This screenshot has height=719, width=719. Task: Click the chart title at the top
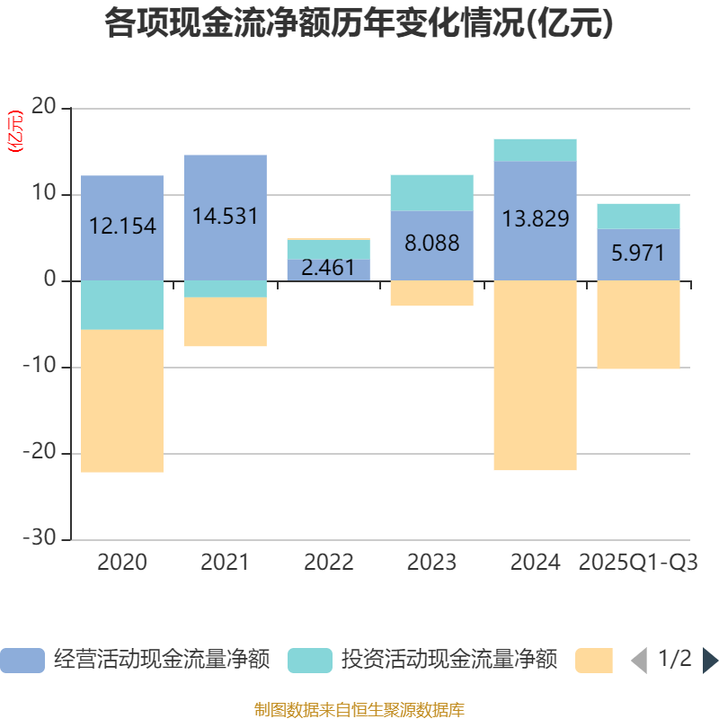coord(359,23)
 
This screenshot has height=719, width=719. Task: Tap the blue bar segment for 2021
coord(225,180)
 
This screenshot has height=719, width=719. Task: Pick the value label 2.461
coord(328,268)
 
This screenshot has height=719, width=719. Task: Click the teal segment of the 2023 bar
coord(431,192)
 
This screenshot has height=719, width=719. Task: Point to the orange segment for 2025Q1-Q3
coord(638,324)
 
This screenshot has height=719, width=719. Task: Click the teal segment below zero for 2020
coord(122,305)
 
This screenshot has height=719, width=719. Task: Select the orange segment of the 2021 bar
coord(225,322)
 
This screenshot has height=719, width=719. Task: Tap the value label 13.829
coord(535,218)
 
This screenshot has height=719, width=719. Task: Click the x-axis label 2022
coord(328,563)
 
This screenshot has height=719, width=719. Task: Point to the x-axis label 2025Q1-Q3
coord(638,563)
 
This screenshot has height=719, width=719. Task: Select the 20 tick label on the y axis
coord(45,108)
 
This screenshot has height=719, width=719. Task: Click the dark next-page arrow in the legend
coord(710,661)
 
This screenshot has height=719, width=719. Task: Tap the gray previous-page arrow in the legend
coord(638,661)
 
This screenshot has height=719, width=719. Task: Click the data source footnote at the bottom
coord(359,709)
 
